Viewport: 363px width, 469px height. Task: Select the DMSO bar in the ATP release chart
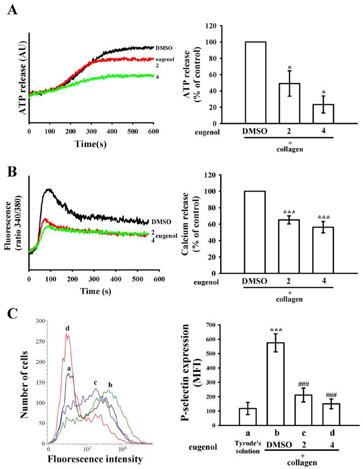pos(255,82)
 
